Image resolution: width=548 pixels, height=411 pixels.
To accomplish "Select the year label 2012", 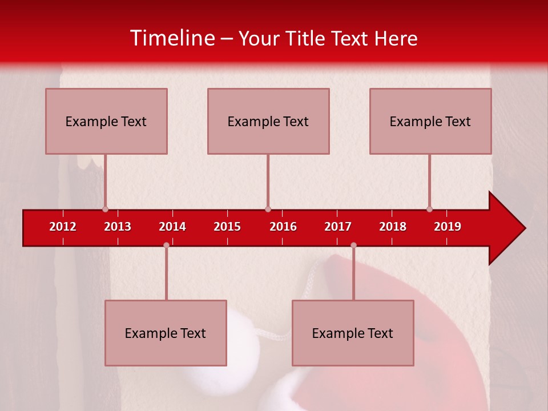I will [63, 227].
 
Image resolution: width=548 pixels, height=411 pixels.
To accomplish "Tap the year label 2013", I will [118, 227].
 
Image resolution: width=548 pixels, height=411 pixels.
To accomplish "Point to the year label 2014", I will [172, 227].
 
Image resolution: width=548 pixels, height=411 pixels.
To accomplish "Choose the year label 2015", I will [227, 227].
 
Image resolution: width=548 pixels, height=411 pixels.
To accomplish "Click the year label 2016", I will [283, 227].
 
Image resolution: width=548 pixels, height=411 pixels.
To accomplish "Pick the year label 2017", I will [338, 227].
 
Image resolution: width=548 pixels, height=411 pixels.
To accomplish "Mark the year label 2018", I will [393, 227].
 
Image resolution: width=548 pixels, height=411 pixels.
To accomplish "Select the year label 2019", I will [448, 227].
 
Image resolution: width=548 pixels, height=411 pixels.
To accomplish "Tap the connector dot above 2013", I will [105, 209].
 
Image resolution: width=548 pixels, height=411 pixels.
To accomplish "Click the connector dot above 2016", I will [268, 209].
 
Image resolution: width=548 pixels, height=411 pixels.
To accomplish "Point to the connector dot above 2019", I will [429, 209].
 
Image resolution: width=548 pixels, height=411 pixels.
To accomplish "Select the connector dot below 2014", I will [166, 245].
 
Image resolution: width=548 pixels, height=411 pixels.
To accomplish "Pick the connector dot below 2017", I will [353, 245].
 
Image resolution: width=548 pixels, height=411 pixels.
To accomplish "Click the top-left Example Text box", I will [106, 122].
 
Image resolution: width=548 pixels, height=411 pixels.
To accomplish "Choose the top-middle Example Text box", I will [268, 122].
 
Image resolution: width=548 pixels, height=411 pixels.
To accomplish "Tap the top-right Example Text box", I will [430, 122].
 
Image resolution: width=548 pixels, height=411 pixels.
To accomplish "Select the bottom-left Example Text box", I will [166, 333].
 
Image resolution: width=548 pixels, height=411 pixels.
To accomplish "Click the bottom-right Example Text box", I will [353, 333].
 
